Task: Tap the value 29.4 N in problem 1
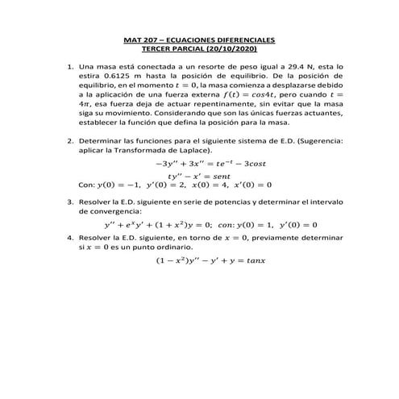(x=295, y=66)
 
